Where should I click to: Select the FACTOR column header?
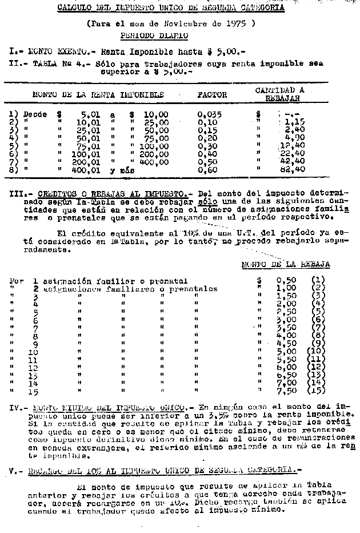click(212, 95)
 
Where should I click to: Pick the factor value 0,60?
click(207, 169)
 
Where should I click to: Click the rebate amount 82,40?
click(294, 169)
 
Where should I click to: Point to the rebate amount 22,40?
click(293, 153)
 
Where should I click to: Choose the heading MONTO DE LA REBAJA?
click(285, 264)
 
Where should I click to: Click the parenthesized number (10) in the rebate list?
click(315, 351)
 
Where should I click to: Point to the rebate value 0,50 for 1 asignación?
click(286, 280)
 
